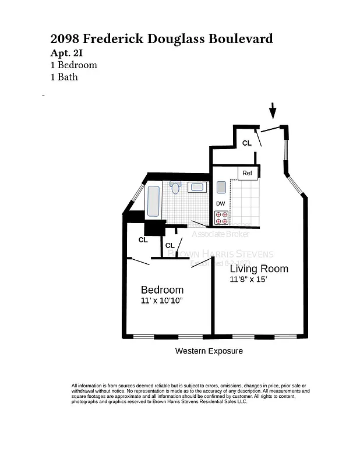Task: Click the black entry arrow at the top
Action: click(x=273, y=110)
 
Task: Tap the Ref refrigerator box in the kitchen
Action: click(x=248, y=173)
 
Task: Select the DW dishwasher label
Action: click(x=221, y=203)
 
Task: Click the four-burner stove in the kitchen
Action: click(x=221, y=218)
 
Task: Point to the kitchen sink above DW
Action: click(x=221, y=187)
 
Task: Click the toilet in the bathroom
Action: click(x=175, y=187)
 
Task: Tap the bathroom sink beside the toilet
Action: click(x=197, y=187)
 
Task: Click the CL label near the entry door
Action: click(x=247, y=143)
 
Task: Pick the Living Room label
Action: click(x=259, y=269)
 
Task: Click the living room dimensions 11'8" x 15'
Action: click(x=248, y=280)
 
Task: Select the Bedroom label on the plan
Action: click(x=162, y=290)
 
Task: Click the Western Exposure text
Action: click(x=209, y=351)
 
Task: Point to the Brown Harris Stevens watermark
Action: click(x=220, y=254)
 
